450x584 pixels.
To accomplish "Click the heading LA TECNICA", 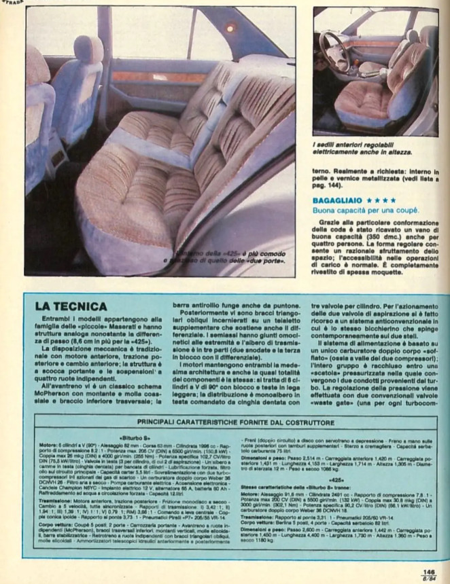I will pyautogui.click(x=71, y=307).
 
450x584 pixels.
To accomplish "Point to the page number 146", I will pyautogui.click(x=428, y=572).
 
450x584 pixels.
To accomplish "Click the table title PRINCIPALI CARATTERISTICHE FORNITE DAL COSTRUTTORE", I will pyautogui.click(x=236, y=422).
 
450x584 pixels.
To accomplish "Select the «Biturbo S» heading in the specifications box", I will pyautogui.click(x=135, y=439).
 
